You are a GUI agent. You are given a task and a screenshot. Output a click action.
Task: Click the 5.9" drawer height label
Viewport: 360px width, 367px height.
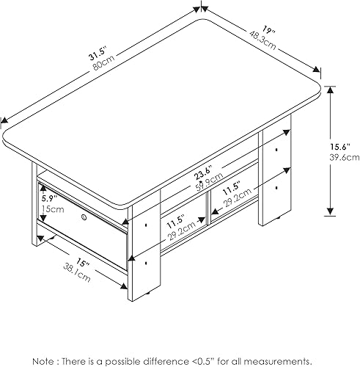(x=48, y=197)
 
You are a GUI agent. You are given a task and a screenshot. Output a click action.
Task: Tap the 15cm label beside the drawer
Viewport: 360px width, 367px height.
(x=48, y=209)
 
